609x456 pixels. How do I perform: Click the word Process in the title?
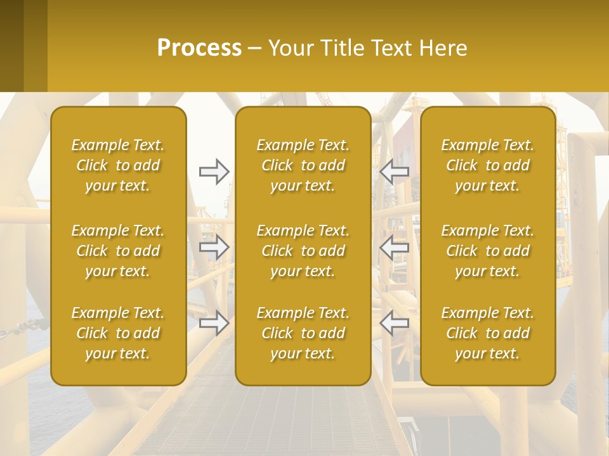(199, 48)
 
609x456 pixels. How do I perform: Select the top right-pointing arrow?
(214, 172)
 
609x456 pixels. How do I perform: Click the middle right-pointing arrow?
(214, 247)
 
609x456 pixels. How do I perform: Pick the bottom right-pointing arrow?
(214, 322)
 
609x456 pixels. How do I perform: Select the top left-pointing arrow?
(395, 172)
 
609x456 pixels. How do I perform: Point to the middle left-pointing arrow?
(395, 247)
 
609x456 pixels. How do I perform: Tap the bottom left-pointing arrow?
(395, 322)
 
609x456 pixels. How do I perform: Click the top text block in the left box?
(118, 165)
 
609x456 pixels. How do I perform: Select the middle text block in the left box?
(118, 251)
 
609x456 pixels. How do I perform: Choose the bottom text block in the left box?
(118, 333)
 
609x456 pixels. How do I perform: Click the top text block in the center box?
(303, 165)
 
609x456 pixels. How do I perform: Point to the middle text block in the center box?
(303, 251)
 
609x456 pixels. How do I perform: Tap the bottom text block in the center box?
(303, 333)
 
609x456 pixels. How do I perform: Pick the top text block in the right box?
(488, 165)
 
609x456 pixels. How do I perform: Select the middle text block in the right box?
(488, 251)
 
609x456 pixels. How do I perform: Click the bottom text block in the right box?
(488, 333)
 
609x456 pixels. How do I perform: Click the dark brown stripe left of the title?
(11, 46)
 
